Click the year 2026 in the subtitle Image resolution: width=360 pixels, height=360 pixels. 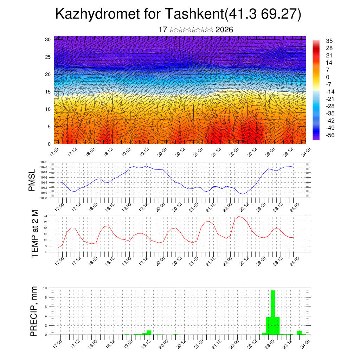click(224, 30)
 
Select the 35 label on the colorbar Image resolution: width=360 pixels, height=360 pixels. click(329, 41)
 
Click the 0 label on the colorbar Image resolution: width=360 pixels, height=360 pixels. click(328, 77)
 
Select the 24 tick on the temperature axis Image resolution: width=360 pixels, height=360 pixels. click(50, 216)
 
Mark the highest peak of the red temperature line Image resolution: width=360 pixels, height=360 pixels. click(239, 217)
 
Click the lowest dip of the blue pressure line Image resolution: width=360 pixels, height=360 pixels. click(243, 194)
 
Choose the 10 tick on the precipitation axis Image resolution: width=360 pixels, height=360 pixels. click(50, 288)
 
